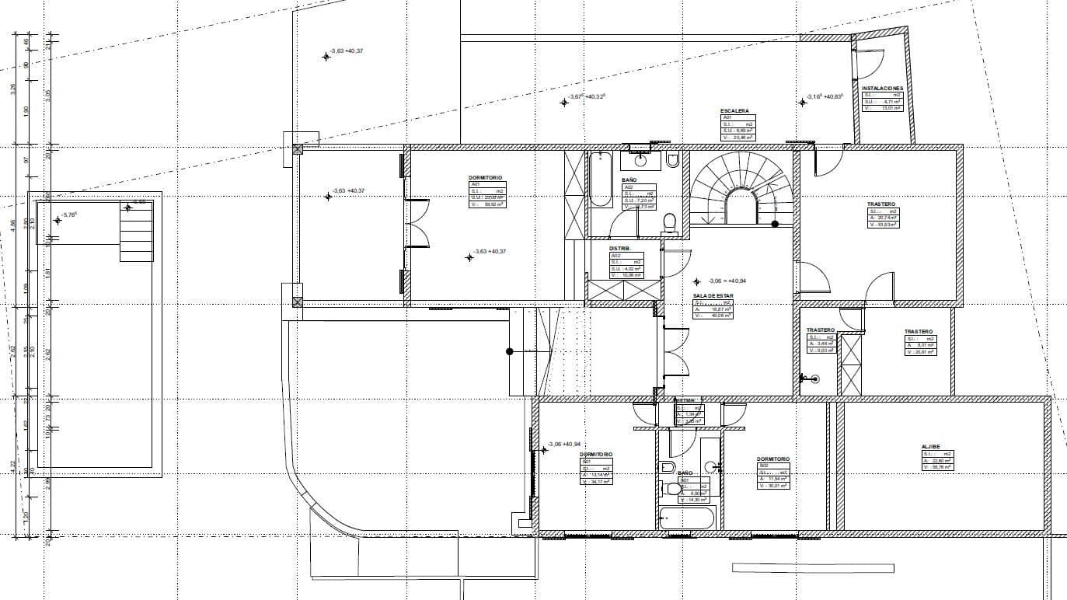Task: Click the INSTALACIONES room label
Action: pyautogui.click(x=882, y=89)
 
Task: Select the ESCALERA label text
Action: pyautogui.click(x=734, y=111)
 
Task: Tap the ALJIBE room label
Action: pyautogui.click(x=931, y=447)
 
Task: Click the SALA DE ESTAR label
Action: pyautogui.click(x=712, y=295)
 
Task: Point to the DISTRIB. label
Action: pyautogui.click(x=619, y=249)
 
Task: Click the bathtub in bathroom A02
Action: pyautogui.click(x=601, y=180)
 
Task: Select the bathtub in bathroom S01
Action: pyautogui.click(x=686, y=518)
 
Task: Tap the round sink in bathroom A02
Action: pyautogui.click(x=640, y=161)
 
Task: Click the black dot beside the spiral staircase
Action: pyautogui.click(x=775, y=225)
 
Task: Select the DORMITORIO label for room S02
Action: pyautogui.click(x=773, y=459)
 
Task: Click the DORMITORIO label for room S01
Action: pyautogui.click(x=596, y=454)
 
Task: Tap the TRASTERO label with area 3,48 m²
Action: pyautogui.click(x=820, y=330)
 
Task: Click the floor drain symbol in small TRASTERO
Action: pyautogui.click(x=813, y=379)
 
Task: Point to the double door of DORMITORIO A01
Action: pyautogui.click(x=417, y=225)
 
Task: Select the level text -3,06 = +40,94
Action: pyautogui.click(x=727, y=281)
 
